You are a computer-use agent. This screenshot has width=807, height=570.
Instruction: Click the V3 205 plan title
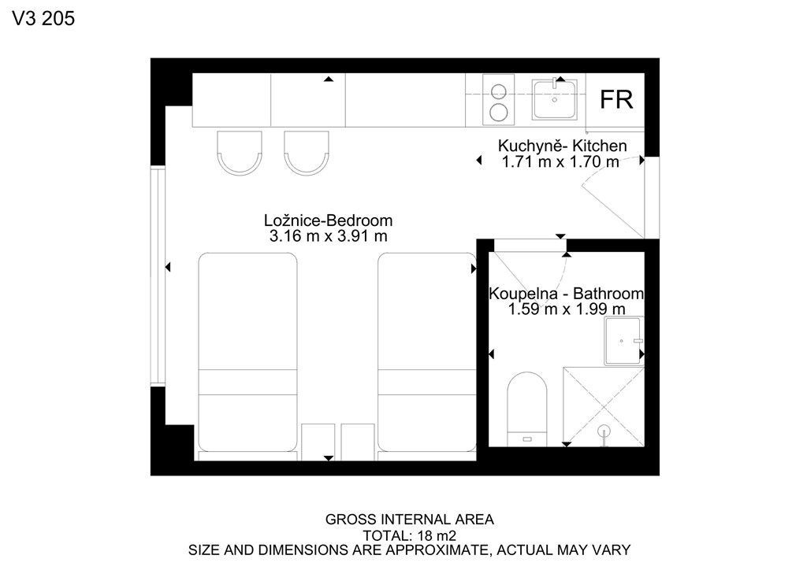[x=43, y=19]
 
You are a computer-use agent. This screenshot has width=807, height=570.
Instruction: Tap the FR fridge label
[x=616, y=100]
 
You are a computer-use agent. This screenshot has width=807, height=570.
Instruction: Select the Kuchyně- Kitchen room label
[x=562, y=146]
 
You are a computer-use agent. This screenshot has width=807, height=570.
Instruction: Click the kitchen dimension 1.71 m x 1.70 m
[x=560, y=162]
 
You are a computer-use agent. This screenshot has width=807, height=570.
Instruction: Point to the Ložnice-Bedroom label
[x=329, y=220]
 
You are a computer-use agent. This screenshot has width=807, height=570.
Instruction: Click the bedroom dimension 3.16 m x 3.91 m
[x=329, y=236]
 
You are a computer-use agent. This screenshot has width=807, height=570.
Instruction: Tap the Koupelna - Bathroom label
[x=566, y=294]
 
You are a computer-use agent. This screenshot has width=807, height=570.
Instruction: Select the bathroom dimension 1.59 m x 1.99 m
[x=567, y=309]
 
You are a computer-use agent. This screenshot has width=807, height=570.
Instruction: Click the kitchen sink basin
[x=554, y=100]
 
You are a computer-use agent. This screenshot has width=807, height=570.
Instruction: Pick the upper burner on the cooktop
[x=498, y=91]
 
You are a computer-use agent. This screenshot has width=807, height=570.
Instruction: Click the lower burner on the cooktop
[x=498, y=112]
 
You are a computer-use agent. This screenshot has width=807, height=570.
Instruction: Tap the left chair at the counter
[x=240, y=153]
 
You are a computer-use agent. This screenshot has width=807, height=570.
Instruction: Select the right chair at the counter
[x=307, y=153]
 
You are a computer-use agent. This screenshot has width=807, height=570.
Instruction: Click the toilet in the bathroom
[x=527, y=409]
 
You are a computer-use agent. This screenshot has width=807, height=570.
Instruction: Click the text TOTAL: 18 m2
[x=410, y=535]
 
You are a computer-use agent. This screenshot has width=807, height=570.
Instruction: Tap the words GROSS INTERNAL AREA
[x=410, y=520]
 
